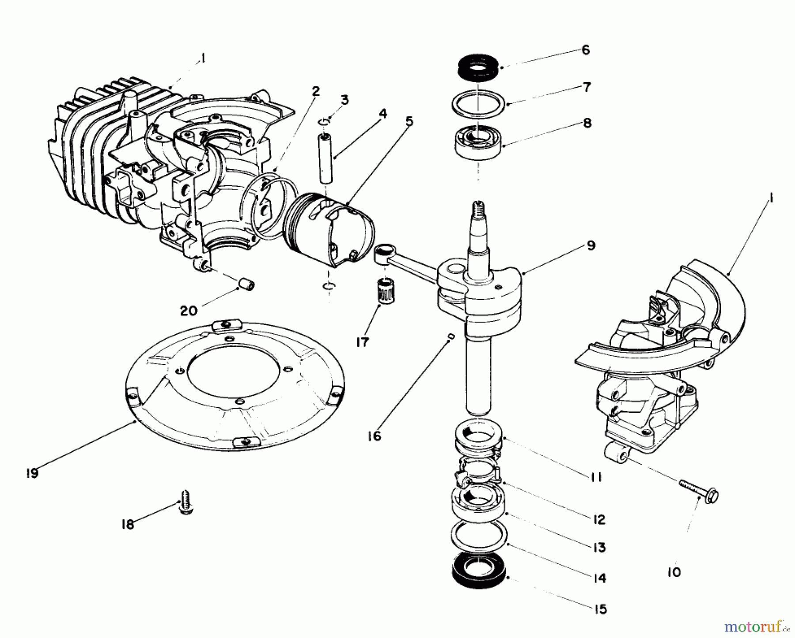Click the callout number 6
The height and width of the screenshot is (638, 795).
[x=586, y=50]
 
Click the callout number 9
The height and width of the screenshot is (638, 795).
[x=591, y=245]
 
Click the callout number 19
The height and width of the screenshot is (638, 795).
[x=32, y=473]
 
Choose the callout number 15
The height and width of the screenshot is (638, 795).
[x=601, y=609]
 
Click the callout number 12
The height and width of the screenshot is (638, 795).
[x=599, y=520]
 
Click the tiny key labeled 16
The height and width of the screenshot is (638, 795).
[x=451, y=337]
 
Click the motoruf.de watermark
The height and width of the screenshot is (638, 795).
[x=767, y=625]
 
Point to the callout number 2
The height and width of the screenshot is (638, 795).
[x=315, y=91]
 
